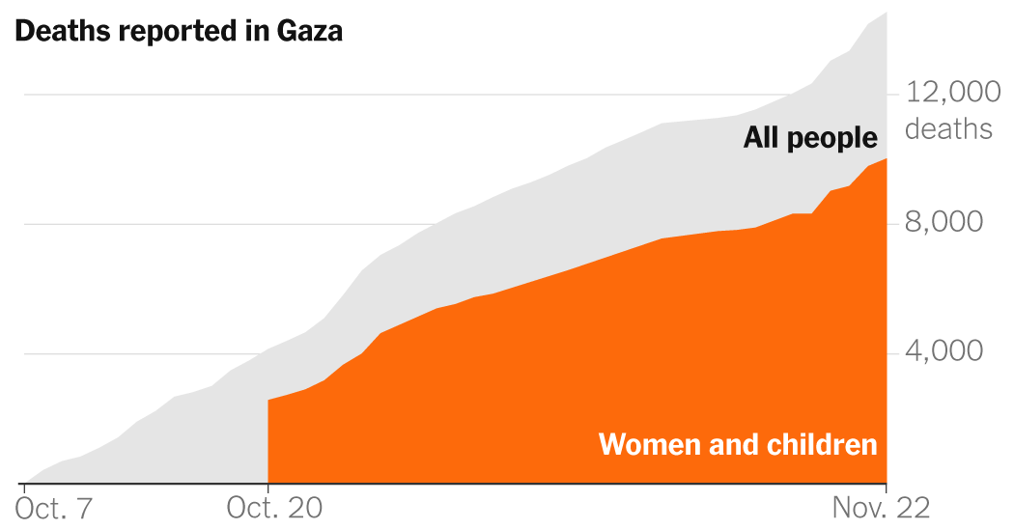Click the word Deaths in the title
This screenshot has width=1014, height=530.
tap(64, 31)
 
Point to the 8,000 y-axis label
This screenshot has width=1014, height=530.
tap(944, 223)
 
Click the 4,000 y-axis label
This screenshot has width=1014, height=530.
tap(944, 352)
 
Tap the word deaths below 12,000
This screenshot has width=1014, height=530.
tap(948, 128)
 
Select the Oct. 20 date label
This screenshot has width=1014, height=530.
tap(275, 508)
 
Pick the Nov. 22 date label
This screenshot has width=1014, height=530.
tap(883, 508)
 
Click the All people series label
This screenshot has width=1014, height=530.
tap(810, 138)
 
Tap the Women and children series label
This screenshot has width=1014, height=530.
tap(738, 445)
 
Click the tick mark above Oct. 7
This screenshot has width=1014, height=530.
tap(21, 488)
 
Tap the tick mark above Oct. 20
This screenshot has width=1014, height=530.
tap(268, 488)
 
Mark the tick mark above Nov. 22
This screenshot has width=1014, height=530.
tap(887, 488)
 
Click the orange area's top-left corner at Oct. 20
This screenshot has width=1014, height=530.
tap(268, 400)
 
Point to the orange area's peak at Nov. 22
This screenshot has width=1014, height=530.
tap(886, 159)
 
